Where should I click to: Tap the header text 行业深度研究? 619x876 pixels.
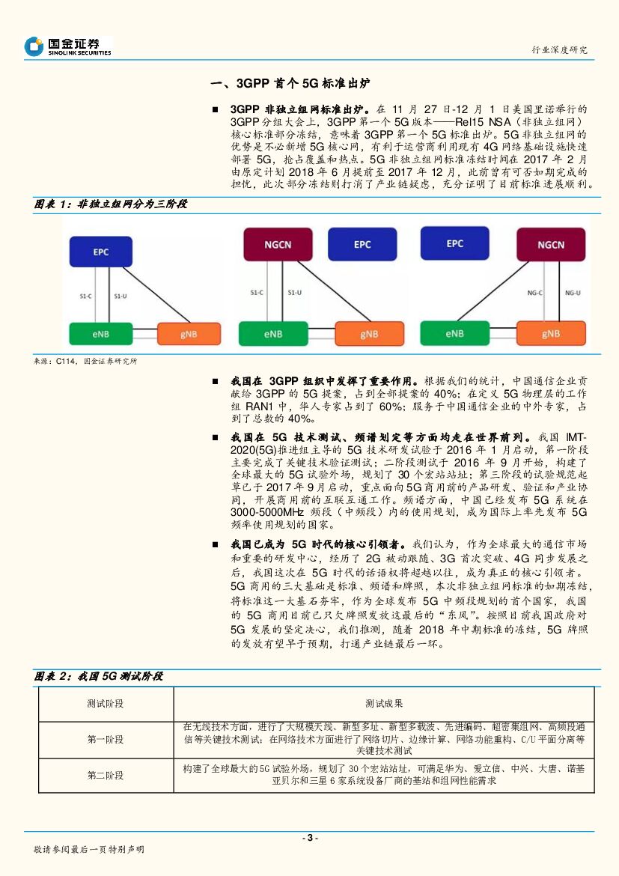click(559, 49)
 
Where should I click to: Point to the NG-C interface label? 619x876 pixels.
click(534, 293)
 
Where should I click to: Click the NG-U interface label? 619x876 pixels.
click(573, 293)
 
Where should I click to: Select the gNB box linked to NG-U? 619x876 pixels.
click(550, 334)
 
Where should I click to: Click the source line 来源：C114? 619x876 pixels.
click(85, 361)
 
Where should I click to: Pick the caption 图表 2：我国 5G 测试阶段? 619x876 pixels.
click(98, 676)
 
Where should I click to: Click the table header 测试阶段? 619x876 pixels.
click(106, 704)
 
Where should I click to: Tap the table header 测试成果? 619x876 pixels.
click(384, 704)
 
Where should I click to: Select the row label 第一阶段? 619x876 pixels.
click(106, 739)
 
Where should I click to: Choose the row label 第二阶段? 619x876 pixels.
click(106, 775)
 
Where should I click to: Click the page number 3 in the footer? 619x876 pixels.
click(309, 838)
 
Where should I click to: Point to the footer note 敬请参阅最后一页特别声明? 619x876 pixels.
click(89, 850)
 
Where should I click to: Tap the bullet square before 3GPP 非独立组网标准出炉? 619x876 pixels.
click(216, 109)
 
